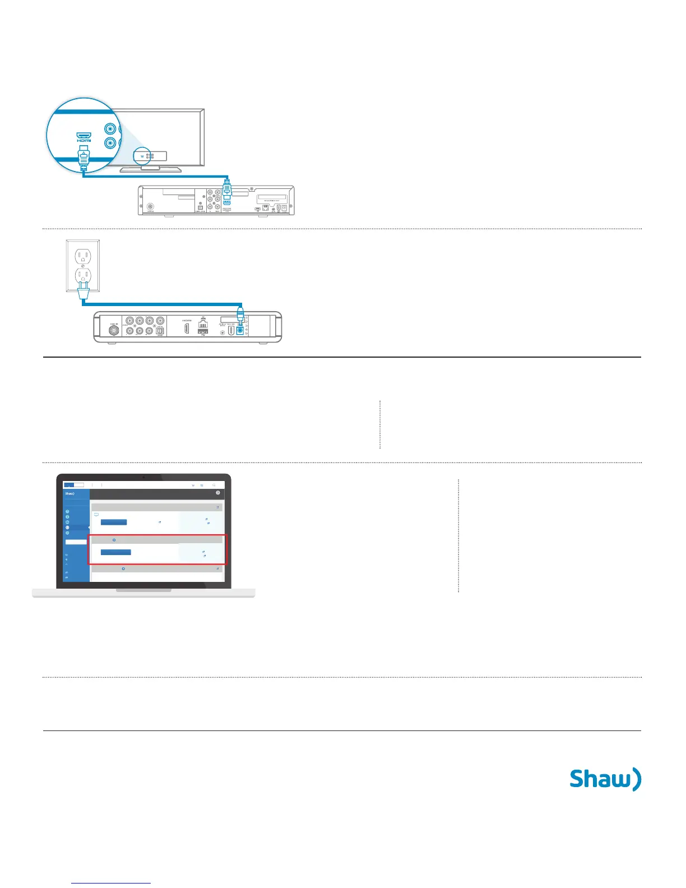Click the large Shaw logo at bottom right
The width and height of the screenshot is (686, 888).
point(605,779)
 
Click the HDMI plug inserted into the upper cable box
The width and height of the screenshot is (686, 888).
point(227,188)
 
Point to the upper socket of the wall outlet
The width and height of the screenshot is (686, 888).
point(83,257)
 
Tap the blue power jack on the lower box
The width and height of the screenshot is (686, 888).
point(240,331)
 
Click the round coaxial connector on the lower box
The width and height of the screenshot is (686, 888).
point(114,331)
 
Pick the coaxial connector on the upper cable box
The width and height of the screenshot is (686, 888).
point(150,207)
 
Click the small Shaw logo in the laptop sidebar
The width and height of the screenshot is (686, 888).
point(70,494)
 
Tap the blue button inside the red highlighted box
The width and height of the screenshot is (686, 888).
point(116,552)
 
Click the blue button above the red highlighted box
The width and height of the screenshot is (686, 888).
point(114,522)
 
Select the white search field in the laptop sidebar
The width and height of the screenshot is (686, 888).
point(76,542)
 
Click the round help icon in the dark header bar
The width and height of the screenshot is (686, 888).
point(218,493)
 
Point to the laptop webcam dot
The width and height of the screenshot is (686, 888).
point(144,477)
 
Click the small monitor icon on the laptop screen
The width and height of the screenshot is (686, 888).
point(96,514)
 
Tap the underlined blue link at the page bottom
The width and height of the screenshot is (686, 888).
point(111,883)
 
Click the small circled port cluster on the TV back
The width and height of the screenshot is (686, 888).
point(149,156)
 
